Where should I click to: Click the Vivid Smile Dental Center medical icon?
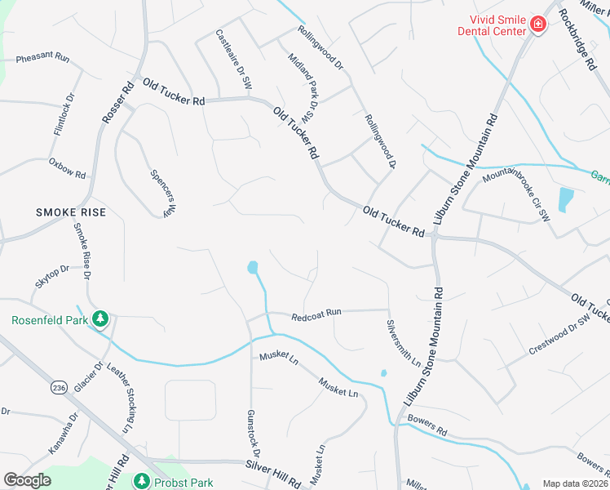tap(537, 24)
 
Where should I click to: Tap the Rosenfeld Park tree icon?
tap(101, 318)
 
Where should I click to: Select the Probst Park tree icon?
tap(141, 481)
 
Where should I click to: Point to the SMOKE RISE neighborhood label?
tap(71, 212)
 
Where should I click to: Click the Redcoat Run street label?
tap(316, 313)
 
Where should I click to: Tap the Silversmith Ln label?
tap(404, 342)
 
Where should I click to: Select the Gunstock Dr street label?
tap(254, 434)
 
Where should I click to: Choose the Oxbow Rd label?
tap(67, 169)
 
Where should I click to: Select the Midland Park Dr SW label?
tap(300, 83)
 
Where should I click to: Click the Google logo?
tap(27, 480)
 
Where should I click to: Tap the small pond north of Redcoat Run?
tap(253, 267)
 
